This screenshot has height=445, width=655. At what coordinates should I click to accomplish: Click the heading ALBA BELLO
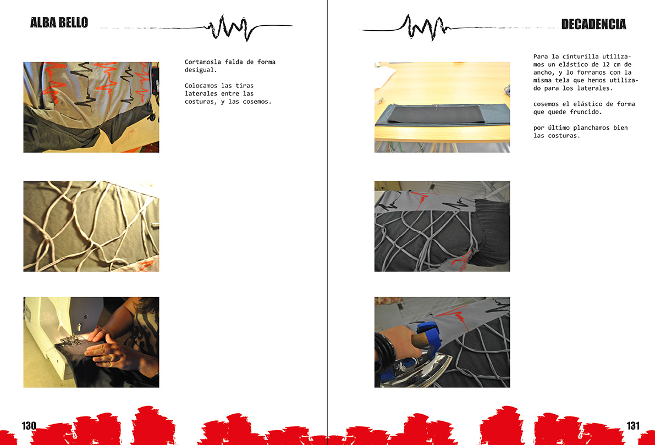click(x=59, y=23)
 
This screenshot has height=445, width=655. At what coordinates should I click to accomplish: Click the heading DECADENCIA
click(x=593, y=24)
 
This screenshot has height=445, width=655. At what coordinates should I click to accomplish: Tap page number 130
click(x=29, y=425)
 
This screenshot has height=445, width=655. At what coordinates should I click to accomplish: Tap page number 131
click(x=633, y=425)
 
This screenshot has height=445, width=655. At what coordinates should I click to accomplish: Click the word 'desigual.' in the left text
click(x=201, y=70)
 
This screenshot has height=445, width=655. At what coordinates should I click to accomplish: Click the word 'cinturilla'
click(x=580, y=57)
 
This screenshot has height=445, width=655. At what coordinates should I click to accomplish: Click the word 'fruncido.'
click(x=584, y=112)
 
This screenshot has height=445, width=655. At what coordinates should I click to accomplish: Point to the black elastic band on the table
click(x=437, y=114)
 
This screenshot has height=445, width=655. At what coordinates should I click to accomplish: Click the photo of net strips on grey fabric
click(x=91, y=226)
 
